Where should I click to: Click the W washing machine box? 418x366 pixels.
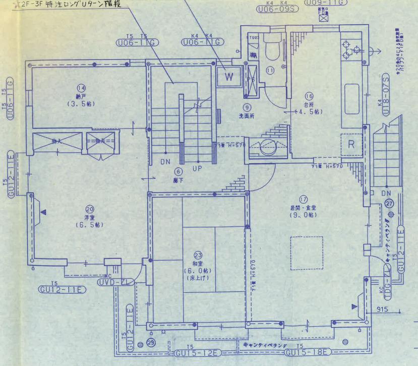point(229,77)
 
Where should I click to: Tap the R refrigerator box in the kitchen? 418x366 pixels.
point(351,145)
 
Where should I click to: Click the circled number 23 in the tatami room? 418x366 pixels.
point(198,256)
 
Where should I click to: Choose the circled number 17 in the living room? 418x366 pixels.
point(303,199)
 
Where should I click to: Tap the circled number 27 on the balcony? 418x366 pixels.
point(389,204)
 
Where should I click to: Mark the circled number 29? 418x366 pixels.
point(151,342)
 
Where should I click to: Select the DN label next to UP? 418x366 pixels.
point(165,163)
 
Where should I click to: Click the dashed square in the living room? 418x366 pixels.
point(306,253)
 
